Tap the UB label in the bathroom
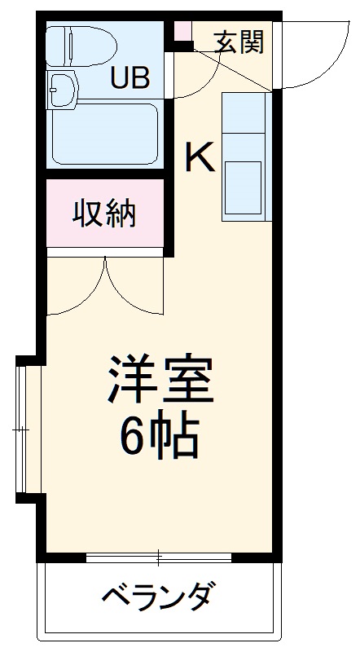130,78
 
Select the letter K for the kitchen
199,157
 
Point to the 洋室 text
160,380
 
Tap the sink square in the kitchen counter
244,188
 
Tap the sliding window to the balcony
160,558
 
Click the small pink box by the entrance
182,32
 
